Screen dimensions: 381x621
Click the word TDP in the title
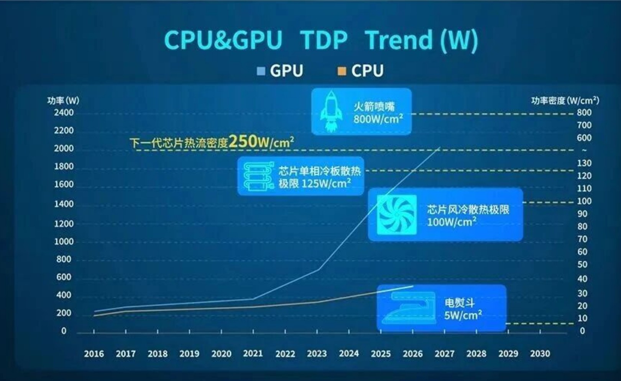pos(324,40)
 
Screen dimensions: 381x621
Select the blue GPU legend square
pos(261,71)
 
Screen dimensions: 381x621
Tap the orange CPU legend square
pos(342,71)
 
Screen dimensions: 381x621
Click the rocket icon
pos(331,111)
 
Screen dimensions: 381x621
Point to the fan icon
pos(396,214)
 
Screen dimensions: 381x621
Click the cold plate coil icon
pos(258,176)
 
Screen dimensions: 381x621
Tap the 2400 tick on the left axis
pos(64,113)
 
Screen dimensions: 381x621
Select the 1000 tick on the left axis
pos(64,242)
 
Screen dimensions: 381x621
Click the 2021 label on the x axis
pos(253,353)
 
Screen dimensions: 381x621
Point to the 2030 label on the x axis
pos(540,353)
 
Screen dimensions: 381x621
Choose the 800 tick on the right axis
pos(584,113)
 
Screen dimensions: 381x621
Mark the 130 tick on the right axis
pos(584,163)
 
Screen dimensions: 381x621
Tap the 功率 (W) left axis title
pos(63,101)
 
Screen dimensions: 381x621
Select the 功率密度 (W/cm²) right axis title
pos(565,101)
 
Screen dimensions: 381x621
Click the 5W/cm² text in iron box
pos(463,315)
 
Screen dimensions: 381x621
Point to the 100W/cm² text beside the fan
pos(452,222)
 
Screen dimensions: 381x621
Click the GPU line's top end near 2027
pos(439,147)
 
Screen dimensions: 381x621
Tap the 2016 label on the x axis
pos(94,353)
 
